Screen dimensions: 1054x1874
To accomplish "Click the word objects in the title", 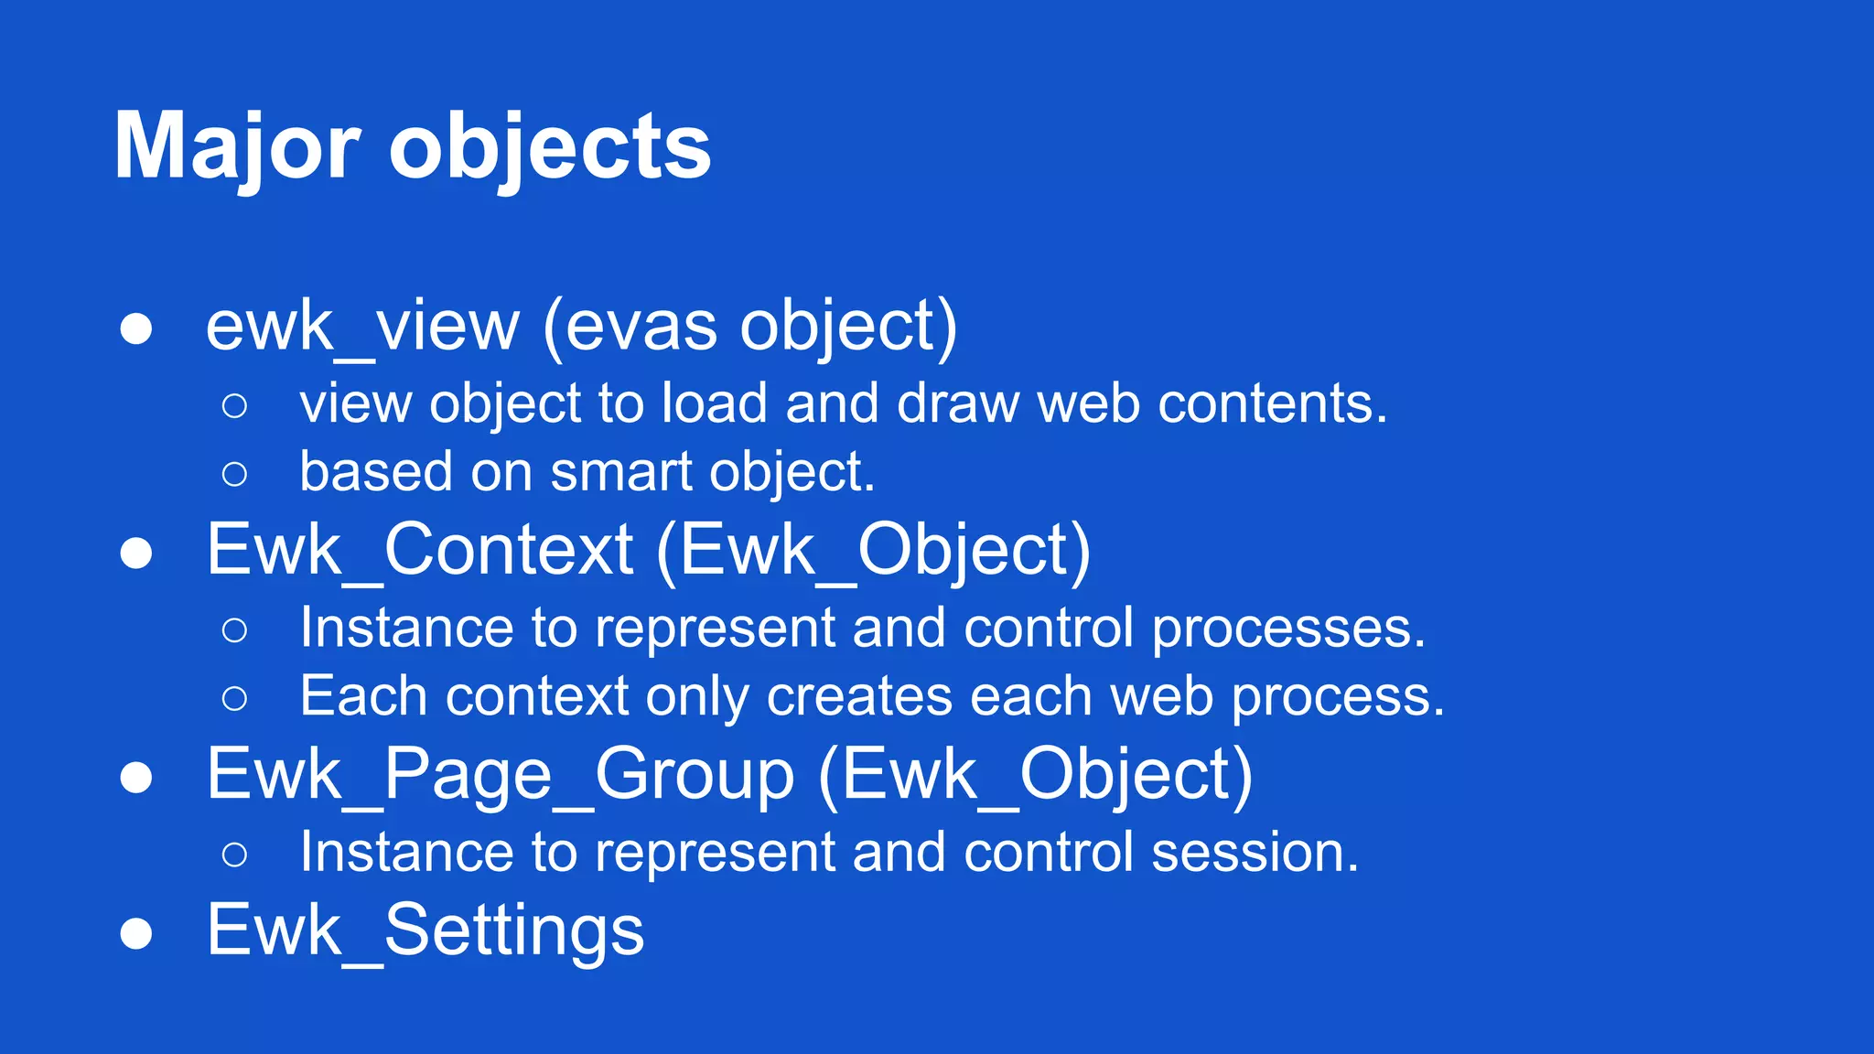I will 550,146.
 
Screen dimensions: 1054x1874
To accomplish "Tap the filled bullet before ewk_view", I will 136,328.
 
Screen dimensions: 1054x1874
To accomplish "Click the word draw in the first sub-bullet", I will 958,403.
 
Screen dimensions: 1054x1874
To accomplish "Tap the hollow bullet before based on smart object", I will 234,474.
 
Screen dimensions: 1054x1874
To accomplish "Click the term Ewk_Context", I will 420,550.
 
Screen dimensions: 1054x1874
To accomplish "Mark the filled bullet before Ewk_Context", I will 136,554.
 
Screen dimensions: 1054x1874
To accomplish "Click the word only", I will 697,697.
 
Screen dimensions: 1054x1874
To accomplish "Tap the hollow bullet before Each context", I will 234,699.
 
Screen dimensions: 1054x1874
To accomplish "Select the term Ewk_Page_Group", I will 501,775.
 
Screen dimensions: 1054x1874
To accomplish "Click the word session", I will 1255,853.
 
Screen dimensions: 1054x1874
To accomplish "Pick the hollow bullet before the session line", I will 234,855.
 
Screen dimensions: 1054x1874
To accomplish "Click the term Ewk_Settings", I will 425,930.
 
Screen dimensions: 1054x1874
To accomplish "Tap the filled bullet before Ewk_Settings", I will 136,934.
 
